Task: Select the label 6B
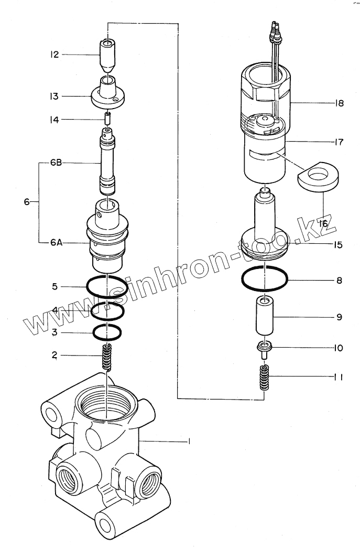pyautogui.click(x=57, y=163)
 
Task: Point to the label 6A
pyautogui.click(x=57, y=242)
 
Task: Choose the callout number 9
pyautogui.click(x=339, y=317)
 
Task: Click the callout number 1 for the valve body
pyautogui.click(x=189, y=442)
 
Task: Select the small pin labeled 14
pyautogui.click(x=107, y=120)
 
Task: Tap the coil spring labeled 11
pyautogui.click(x=265, y=378)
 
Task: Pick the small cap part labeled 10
pyautogui.click(x=265, y=348)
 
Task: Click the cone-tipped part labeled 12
pyautogui.click(x=108, y=56)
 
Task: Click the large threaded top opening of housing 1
pyautogui.click(x=107, y=404)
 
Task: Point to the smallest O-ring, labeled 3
pyautogui.click(x=107, y=332)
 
